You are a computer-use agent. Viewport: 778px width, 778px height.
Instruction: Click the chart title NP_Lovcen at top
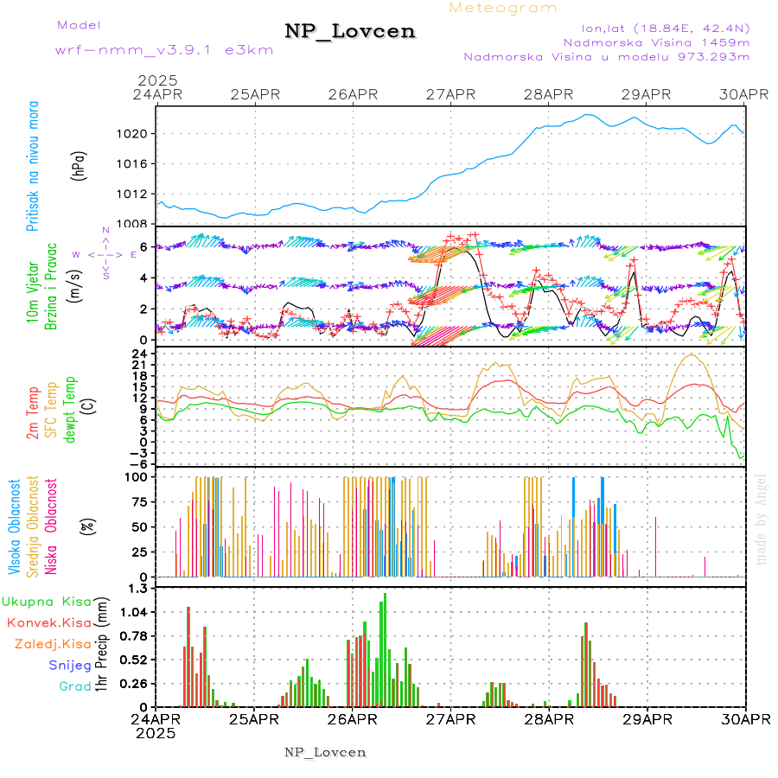point(350,32)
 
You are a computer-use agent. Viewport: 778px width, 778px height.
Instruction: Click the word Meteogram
point(503,8)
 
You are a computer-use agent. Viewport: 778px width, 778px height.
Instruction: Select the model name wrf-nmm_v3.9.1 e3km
point(164,49)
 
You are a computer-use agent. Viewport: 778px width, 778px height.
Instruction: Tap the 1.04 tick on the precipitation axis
point(137,612)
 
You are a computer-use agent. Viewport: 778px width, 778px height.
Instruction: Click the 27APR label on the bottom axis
point(450,719)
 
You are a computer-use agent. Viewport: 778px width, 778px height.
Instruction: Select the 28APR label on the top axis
point(549,93)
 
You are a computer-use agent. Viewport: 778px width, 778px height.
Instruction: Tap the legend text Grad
point(75,686)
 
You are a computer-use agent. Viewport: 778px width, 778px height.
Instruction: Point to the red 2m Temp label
point(33,413)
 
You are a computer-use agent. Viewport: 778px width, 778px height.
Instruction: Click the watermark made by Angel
point(761,520)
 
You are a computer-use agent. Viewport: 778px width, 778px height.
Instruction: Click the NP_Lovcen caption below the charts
point(325,752)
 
